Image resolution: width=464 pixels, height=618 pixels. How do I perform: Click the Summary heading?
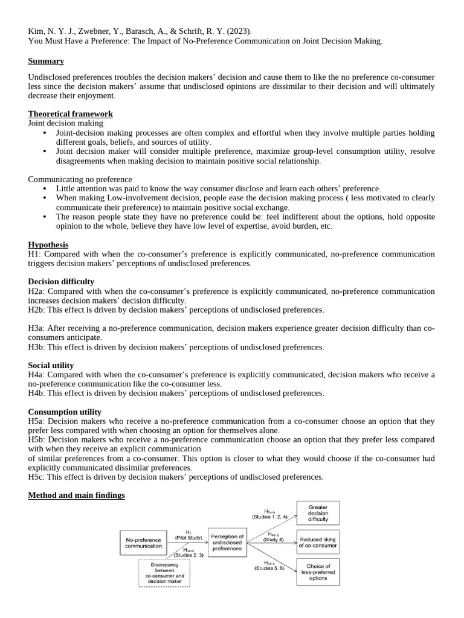[46, 61]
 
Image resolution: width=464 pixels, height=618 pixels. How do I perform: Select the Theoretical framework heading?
[70, 113]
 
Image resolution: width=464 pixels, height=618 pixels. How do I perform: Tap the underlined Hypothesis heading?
[48, 244]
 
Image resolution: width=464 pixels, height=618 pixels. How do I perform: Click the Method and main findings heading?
[76, 495]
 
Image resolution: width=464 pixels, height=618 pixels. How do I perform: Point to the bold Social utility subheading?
[51, 365]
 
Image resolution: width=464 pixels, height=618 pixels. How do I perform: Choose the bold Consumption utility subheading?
[65, 412]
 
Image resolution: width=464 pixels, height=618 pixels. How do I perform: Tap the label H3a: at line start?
[36, 328]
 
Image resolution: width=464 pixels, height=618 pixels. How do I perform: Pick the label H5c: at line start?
[36, 477]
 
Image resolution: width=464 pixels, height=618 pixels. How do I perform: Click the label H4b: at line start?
[36, 393]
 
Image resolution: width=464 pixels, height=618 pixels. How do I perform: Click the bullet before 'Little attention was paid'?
[45, 189]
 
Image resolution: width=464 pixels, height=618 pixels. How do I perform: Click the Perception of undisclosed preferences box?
[227, 543]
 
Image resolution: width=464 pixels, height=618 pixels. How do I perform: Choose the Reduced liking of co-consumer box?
[318, 542]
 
